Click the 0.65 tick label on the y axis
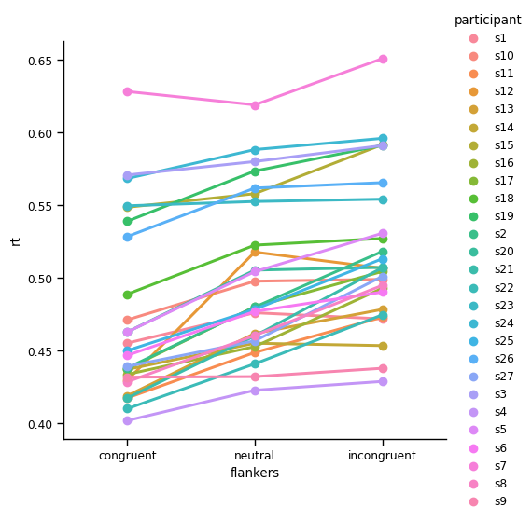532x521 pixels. point(42,61)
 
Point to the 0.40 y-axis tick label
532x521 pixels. point(42,424)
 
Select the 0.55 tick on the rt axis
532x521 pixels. point(42,206)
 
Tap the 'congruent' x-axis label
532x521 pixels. point(127,456)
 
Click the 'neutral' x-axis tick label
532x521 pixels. point(255,456)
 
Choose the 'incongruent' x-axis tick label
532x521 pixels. point(383,456)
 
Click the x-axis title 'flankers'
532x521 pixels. point(255,473)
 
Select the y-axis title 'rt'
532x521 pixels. point(16,241)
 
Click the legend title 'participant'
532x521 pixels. point(487,20)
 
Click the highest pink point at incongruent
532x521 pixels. point(383,59)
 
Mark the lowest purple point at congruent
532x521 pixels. point(127,420)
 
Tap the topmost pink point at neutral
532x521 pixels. point(255,105)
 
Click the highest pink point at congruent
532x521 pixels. point(127,91)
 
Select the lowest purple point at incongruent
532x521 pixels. point(383,381)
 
